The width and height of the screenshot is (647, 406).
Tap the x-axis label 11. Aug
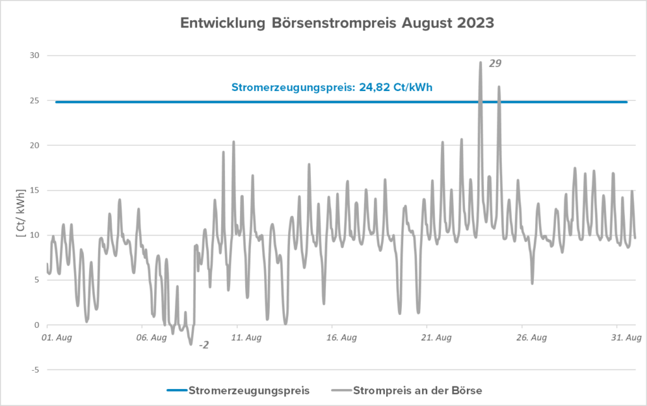point(247,338)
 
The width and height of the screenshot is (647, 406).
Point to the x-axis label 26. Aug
point(532,338)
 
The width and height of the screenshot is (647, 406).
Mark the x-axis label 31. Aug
point(626,338)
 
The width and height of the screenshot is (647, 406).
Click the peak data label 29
point(495,63)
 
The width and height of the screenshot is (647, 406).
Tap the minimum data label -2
point(204,345)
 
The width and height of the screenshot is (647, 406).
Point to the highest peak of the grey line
point(480,63)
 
